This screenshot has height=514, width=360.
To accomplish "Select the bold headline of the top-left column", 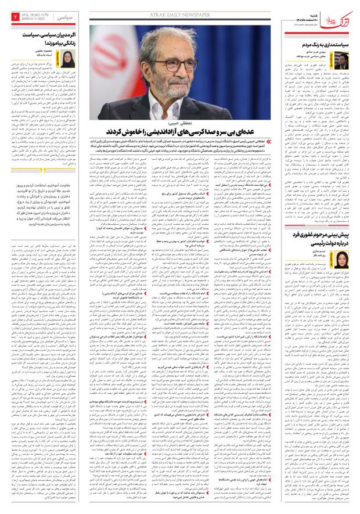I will [48, 39].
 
